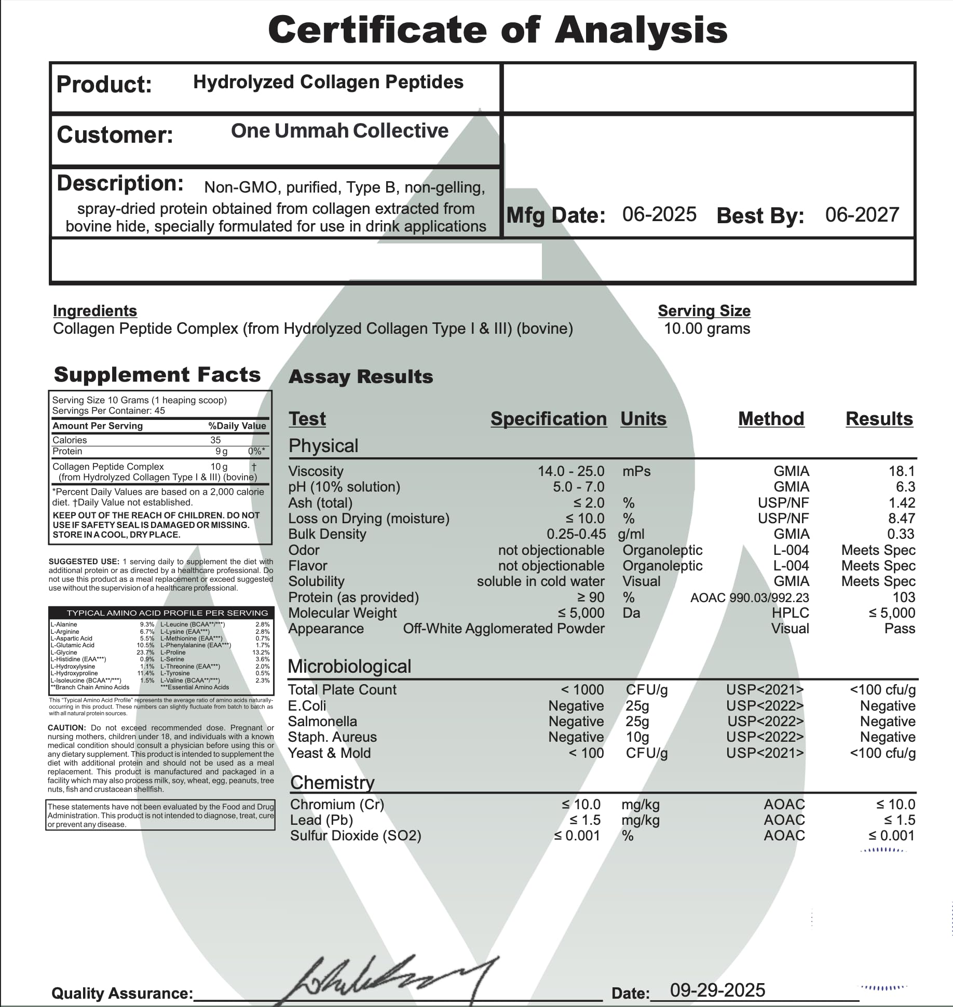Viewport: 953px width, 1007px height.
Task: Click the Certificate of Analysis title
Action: pyautogui.click(x=497, y=30)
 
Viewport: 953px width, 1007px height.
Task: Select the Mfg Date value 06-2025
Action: pyautogui.click(x=659, y=214)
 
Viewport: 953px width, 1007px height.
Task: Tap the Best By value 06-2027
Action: pyautogui.click(x=862, y=214)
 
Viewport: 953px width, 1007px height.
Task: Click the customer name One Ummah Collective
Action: pyautogui.click(x=339, y=131)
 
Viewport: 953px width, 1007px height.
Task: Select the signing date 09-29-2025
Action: pyautogui.click(x=717, y=990)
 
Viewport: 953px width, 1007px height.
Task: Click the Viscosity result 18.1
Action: pyautogui.click(x=901, y=471)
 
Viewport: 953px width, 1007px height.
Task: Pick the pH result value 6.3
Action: pyautogui.click(x=905, y=487)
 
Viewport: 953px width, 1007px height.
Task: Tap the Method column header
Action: pyautogui.click(x=771, y=419)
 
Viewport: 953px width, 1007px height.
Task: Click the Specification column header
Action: pyautogui.click(x=548, y=419)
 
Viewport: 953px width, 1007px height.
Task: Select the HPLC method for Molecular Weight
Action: pyautogui.click(x=790, y=613)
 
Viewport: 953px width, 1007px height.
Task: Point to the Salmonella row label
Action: pyautogui.click(x=322, y=722)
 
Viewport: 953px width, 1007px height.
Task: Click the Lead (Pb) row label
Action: pyautogui.click(x=321, y=820)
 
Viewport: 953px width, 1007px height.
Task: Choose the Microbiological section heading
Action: pyautogui.click(x=349, y=666)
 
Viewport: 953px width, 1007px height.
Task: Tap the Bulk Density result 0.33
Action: pyautogui.click(x=901, y=534)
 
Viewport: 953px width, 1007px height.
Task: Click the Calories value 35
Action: pyautogui.click(x=215, y=440)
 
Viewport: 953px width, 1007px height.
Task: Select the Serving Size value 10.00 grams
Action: pyautogui.click(x=707, y=329)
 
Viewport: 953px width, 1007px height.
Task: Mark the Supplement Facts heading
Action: pyautogui.click(x=157, y=375)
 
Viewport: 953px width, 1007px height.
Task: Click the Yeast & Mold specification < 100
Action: pyautogui.click(x=586, y=753)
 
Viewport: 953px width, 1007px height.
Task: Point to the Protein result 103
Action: pyautogui.click(x=903, y=597)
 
